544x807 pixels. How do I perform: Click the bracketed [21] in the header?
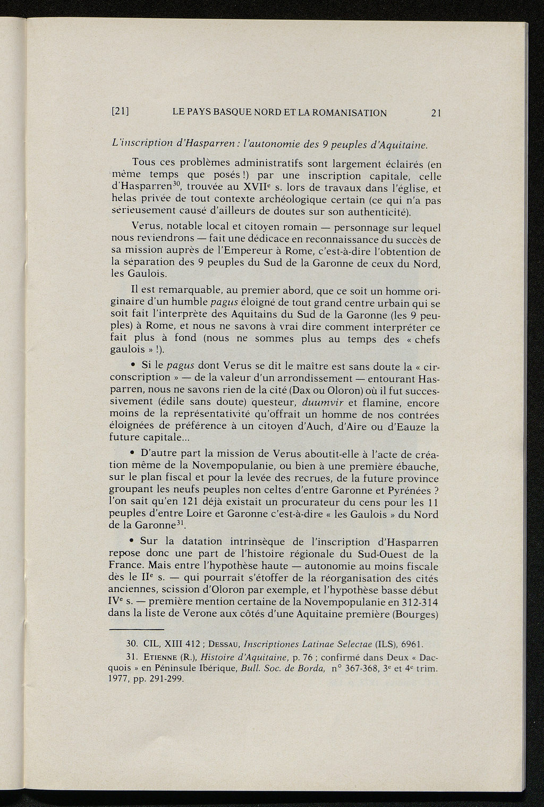point(121,113)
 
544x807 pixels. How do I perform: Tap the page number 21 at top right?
point(437,113)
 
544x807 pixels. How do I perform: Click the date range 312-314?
point(420,602)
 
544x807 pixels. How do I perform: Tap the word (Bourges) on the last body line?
point(416,615)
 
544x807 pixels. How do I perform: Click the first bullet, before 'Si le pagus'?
point(132,366)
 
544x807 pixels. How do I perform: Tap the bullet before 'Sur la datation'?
point(132,541)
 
